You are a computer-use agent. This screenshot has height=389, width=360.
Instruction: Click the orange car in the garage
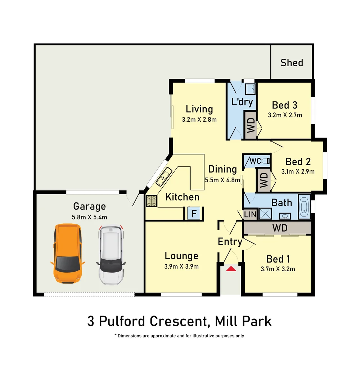[x=67, y=253]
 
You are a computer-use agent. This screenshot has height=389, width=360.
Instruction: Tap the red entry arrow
[x=231, y=268]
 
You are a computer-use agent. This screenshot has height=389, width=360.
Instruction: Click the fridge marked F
[x=194, y=213]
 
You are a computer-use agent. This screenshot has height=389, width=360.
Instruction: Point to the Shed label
[x=292, y=63]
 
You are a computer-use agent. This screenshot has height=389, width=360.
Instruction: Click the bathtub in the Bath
[x=304, y=206]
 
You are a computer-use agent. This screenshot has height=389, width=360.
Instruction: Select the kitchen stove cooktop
[x=151, y=201]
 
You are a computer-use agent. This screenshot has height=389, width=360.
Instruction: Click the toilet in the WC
[x=265, y=161]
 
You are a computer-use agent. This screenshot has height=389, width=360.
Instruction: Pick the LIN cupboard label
[x=250, y=214]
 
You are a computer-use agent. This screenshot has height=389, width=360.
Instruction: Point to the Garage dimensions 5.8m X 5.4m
[x=90, y=217]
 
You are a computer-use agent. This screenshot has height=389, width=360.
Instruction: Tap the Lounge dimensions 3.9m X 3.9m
[x=181, y=267]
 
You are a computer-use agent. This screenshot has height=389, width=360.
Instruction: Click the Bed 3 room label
[x=284, y=105]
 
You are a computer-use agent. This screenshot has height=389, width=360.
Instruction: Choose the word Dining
[x=222, y=169]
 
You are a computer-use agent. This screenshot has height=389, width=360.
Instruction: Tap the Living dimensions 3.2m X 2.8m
[x=199, y=120]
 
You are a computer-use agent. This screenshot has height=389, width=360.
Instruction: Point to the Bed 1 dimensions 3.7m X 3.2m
[x=278, y=269]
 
